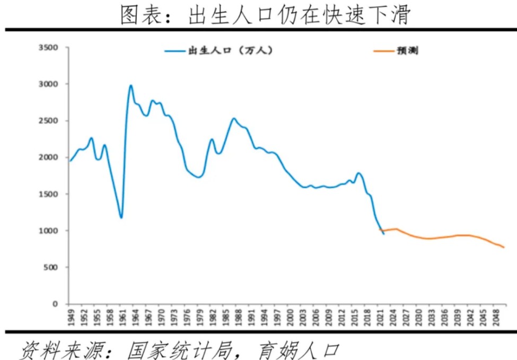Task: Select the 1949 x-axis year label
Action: click(x=71, y=317)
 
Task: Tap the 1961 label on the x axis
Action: click(x=121, y=317)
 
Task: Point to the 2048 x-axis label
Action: click(x=496, y=317)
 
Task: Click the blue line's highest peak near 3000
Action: click(x=130, y=85)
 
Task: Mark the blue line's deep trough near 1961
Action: click(x=121, y=217)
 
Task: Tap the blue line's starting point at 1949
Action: click(x=70, y=161)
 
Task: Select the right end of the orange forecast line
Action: click(x=504, y=247)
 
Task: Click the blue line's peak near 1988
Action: click(x=233, y=119)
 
